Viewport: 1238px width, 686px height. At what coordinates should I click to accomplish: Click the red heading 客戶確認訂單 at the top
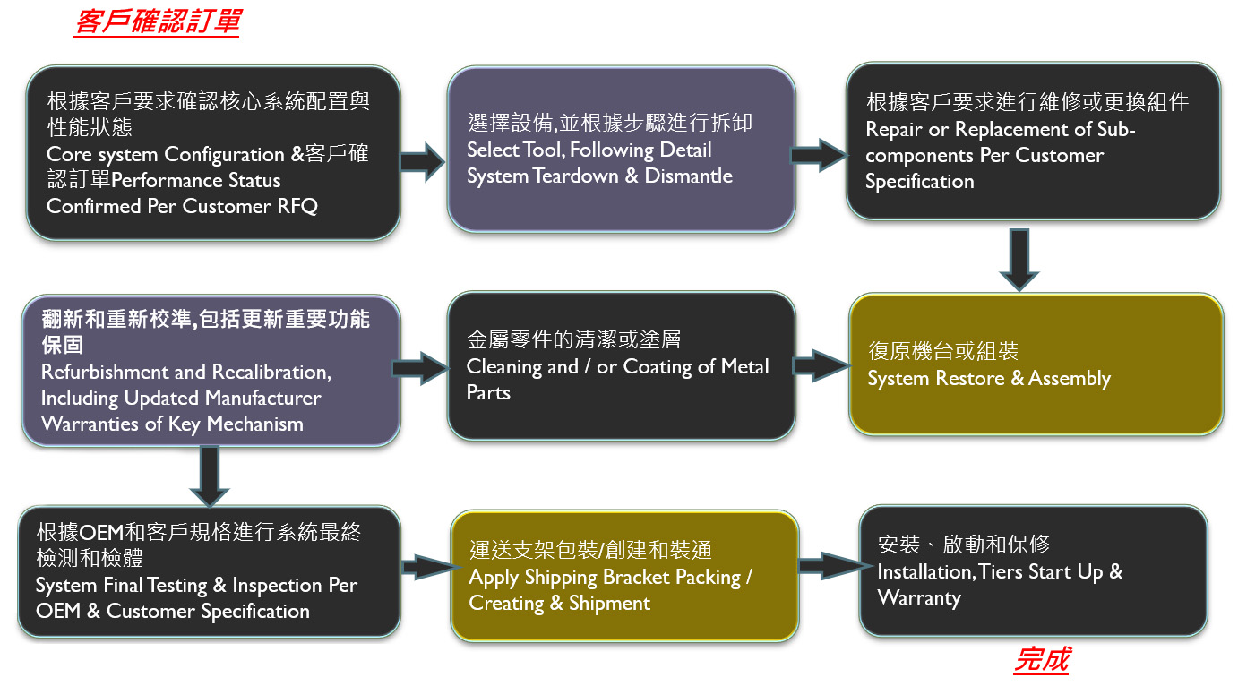[x=157, y=21]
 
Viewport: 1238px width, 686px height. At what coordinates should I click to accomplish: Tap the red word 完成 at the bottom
[x=1042, y=661]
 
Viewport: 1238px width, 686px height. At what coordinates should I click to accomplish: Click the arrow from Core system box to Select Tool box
[x=422, y=162]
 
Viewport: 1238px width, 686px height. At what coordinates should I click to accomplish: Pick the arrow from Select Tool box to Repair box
[x=819, y=154]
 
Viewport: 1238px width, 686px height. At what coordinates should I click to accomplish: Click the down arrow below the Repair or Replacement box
[x=1019, y=259]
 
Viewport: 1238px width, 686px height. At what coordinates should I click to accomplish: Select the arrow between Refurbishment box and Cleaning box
[x=420, y=368]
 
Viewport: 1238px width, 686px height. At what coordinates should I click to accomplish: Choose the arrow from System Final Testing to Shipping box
[x=424, y=566]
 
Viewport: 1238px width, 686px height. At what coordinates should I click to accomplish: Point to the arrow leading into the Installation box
[x=828, y=566]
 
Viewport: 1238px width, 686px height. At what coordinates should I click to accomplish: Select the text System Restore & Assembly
[x=988, y=378]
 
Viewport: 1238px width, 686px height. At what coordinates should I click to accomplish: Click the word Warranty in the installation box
[x=918, y=597]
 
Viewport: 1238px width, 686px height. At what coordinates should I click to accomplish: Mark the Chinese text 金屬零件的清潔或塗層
[x=573, y=339]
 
